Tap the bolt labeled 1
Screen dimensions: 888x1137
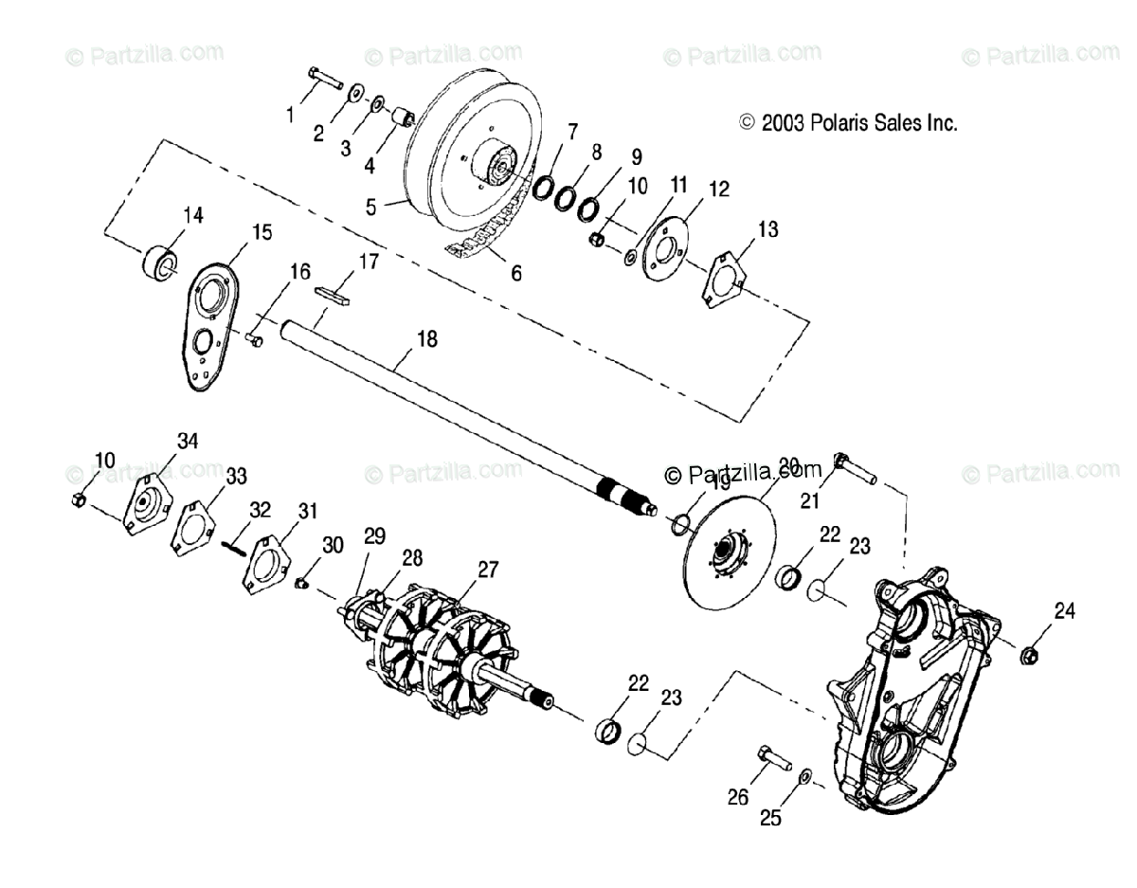[x=325, y=77]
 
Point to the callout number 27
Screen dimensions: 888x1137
[x=488, y=570]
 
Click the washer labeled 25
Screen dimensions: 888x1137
[x=803, y=776]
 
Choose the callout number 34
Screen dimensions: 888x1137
[x=187, y=440]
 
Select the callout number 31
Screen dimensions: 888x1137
[x=306, y=512]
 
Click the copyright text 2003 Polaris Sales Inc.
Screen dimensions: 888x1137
[x=848, y=122]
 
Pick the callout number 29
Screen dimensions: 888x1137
[x=374, y=536]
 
